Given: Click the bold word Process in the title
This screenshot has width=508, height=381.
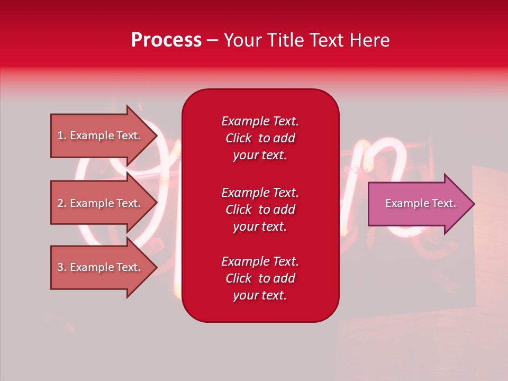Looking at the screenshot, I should (166, 40).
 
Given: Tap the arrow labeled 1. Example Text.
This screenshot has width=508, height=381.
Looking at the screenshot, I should (101, 135).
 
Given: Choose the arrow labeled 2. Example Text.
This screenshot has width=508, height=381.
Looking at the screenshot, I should (101, 203).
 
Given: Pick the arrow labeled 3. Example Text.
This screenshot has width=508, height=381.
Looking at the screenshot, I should (101, 267).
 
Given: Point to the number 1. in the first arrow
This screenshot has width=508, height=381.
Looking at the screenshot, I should (62, 135).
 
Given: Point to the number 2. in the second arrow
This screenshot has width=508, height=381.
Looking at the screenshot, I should (62, 203).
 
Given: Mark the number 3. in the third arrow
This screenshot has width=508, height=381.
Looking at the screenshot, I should (62, 267).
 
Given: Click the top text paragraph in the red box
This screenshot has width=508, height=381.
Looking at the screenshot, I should (260, 138).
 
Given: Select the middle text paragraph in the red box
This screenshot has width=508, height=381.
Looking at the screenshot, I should (260, 210).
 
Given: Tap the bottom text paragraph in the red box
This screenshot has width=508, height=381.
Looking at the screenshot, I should (260, 278).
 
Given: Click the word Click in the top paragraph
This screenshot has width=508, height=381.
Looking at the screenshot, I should (239, 138).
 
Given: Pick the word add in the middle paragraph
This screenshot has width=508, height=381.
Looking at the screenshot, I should (284, 210).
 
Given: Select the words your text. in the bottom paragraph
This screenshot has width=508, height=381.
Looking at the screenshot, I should (260, 295).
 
